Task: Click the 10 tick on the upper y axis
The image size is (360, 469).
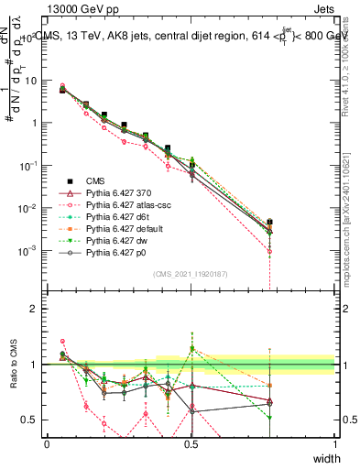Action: pyautogui.click(x=35, y=81)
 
